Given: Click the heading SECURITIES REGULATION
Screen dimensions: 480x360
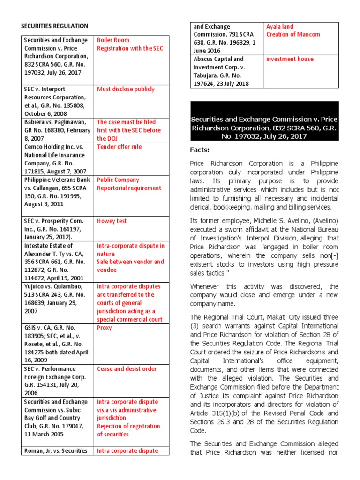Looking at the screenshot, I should pos(54,26).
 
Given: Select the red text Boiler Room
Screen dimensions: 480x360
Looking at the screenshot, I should pos(113,40).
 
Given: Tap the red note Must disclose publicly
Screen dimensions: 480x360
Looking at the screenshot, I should pos(126,89).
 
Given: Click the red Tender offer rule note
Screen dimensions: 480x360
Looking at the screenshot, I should pos(119,147).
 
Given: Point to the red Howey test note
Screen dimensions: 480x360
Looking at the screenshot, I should pos(112,221).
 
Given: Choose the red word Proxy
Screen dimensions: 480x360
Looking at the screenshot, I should pos(104,328).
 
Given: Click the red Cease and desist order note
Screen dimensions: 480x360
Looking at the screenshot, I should pos(127,369).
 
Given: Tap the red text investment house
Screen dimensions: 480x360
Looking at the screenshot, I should pos(290,59).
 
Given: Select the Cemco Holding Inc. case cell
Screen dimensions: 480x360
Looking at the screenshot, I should pos(56,159).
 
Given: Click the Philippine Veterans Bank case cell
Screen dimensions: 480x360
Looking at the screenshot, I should pos(56,192).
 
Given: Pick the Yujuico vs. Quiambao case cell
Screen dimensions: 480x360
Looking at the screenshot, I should pos(56,299).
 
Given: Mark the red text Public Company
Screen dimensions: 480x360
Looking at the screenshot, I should pos(118,180).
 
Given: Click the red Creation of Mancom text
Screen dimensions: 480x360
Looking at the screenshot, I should pos(293,34).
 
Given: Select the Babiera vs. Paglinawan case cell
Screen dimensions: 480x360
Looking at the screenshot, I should pos(56,130).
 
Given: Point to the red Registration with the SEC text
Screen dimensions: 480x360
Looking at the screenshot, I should pos(130,48).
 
